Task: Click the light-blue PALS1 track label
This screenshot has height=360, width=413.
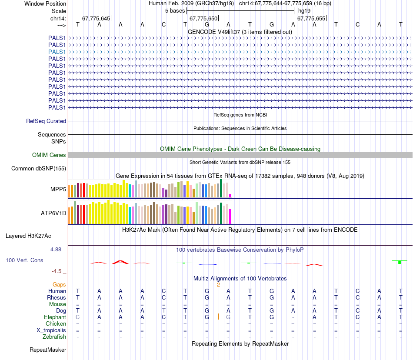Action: coord(57,52)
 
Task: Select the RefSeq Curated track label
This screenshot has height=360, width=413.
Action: coord(46,121)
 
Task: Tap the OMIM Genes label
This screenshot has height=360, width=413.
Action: coord(49,155)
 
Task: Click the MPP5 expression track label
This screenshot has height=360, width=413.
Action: coord(58,189)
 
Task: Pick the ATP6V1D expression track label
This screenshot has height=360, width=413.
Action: coord(53,213)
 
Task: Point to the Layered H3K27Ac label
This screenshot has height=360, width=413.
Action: coord(28,236)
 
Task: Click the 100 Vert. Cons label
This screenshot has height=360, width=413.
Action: coord(24,260)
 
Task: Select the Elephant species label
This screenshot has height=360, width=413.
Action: coord(54,317)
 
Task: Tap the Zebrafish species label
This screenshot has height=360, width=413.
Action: coord(54,337)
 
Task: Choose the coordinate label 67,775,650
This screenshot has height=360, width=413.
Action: coord(203,19)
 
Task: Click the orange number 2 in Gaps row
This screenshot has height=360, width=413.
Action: coord(219,285)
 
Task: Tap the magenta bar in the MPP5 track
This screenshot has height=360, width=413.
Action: coord(230,195)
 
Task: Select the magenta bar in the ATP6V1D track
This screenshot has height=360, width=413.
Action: coord(230,216)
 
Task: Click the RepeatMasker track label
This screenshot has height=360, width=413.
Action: coord(48,350)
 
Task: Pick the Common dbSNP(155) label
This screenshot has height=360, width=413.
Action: coord(39,168)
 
